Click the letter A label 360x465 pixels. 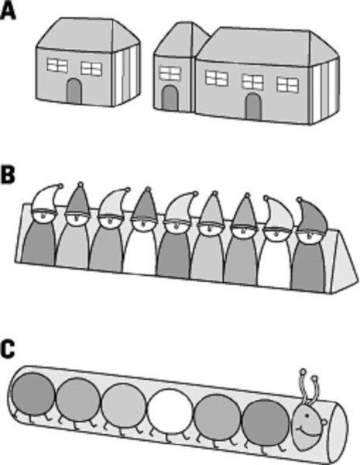[x=8, y=11]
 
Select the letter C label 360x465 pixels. [x=8, y=350]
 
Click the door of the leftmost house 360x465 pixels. [x=74, y=91]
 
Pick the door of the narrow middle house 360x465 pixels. [x=170, y=98]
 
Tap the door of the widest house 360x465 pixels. [x=254, y=107]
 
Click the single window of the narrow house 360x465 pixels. [x=170, y=74]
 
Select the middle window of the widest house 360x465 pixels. [x=252, y=82]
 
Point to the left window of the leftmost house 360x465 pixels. [x=57, y=65]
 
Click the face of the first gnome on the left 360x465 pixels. [x=43, y=219]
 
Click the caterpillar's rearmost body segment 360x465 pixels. [x=33, y=394]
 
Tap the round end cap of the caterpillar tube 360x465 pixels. [x=340, y=429]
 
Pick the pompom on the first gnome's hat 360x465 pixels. [x=60, y=186]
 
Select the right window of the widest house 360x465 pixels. [x=287, y=84]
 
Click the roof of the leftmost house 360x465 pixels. [x=87, y=35]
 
